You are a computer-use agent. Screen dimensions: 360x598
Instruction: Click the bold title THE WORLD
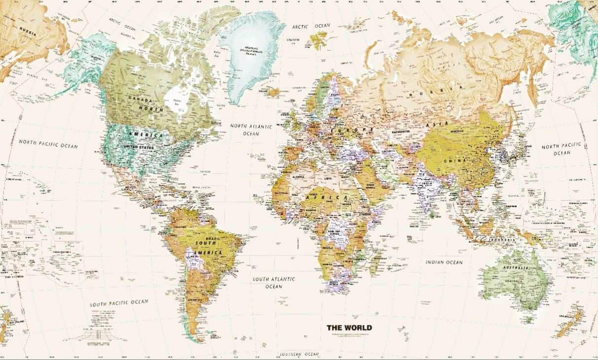tap(349, 328)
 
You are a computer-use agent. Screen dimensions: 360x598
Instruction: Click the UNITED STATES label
tap(139, 147)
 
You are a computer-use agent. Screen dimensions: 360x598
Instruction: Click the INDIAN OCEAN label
tap(444, 262)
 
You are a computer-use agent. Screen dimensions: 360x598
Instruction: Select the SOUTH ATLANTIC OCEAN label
tap(274, 283)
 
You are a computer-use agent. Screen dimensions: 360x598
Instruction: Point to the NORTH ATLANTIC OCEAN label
tap(251, 130)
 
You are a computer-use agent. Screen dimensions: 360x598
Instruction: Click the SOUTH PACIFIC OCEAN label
tap(118, 302)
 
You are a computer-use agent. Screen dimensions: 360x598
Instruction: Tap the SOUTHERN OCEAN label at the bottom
tap(299, 355)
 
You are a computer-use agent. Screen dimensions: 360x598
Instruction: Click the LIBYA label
tap(328, 179)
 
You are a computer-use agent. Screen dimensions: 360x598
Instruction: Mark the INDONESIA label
tap(501, 240)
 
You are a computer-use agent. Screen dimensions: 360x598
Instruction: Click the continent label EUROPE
tap(352, 130)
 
